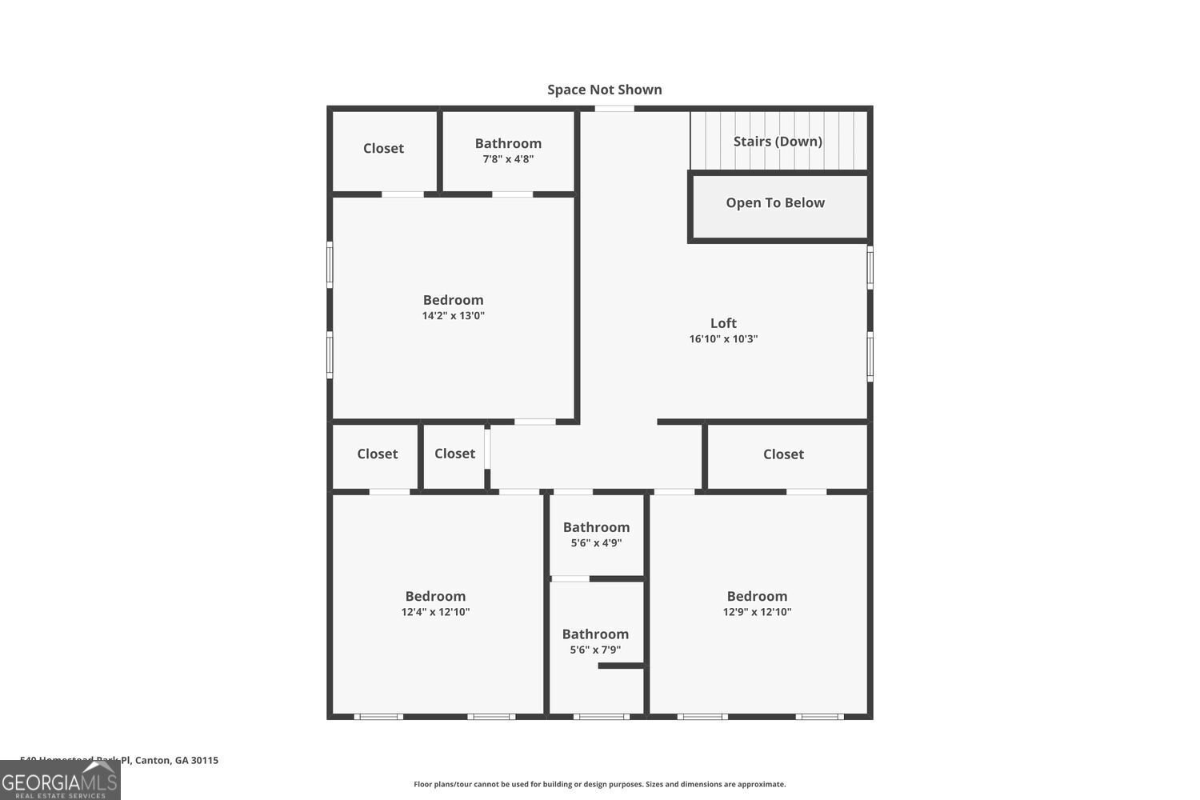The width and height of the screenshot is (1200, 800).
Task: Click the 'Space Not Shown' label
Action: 604,90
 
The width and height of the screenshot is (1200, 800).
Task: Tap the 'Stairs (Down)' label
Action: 778,142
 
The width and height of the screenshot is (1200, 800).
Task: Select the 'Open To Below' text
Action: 775,203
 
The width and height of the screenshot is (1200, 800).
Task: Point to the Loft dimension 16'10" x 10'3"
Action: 723,339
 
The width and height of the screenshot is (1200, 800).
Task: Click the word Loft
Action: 723,323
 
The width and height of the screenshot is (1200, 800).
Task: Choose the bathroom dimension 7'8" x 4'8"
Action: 508,159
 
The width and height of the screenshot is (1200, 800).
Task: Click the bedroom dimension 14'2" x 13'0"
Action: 453,316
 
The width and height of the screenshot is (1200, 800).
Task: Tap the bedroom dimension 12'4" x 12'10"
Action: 435,612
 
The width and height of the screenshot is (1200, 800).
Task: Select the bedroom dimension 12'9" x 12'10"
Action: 757,612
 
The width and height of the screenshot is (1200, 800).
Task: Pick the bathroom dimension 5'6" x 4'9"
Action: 596,543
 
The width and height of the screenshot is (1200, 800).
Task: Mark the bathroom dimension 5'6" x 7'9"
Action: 595,650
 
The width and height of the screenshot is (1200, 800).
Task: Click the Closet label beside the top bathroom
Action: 383,148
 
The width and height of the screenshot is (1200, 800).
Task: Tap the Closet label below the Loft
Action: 783,454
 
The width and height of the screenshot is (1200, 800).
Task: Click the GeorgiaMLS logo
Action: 60,780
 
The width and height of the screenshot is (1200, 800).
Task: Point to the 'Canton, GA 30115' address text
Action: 176,761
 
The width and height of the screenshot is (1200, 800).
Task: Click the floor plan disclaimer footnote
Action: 599,785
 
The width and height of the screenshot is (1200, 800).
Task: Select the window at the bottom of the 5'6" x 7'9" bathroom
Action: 601,717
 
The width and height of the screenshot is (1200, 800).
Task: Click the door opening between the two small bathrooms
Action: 570,578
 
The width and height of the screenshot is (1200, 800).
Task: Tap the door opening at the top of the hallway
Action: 614,109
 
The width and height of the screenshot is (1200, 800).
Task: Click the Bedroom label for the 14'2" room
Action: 453,300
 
